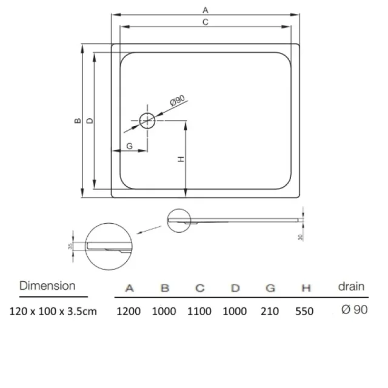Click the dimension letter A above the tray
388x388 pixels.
[x=206, y=10]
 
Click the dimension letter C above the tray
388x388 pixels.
[x=206, y=22]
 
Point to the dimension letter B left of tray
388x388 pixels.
[x=78, y=121]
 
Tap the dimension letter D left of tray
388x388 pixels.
[x=90, y=121]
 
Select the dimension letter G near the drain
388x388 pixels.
[x=129, y=145]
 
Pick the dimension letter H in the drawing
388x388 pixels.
[x=181, y=159]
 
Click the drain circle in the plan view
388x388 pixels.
[x=147, y=120]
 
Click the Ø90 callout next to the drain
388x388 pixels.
[x=176, y=101]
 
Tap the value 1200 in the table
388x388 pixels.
[x=129, y=311]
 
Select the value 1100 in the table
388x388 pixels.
[x=199, y=311]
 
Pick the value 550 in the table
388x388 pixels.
[x=304, y=311]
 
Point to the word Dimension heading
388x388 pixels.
[x=47, y=286]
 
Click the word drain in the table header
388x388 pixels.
[x=351, y=286]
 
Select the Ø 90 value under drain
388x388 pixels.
[x=354, y=310]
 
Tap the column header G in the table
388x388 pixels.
[x=270, y=288]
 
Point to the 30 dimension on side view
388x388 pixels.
[x=300, y=237]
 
